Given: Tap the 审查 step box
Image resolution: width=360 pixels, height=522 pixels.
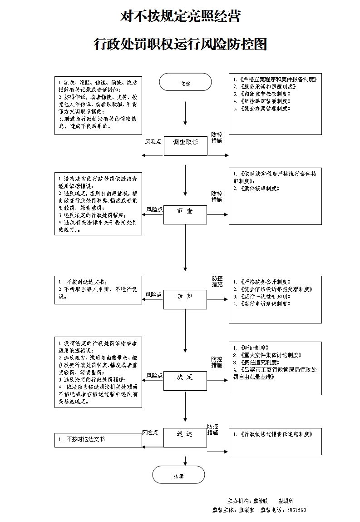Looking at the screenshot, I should (185, 214).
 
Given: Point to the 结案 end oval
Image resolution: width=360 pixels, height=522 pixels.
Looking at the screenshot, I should (179, 475).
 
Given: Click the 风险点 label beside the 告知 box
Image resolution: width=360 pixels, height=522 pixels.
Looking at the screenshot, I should (154, 295).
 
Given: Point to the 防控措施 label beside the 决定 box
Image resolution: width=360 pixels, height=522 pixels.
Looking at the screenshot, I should (217, 362).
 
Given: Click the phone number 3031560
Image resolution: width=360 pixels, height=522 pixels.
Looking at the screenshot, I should (296, 510).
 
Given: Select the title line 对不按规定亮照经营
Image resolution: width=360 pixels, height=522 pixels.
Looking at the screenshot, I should (180, 17).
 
